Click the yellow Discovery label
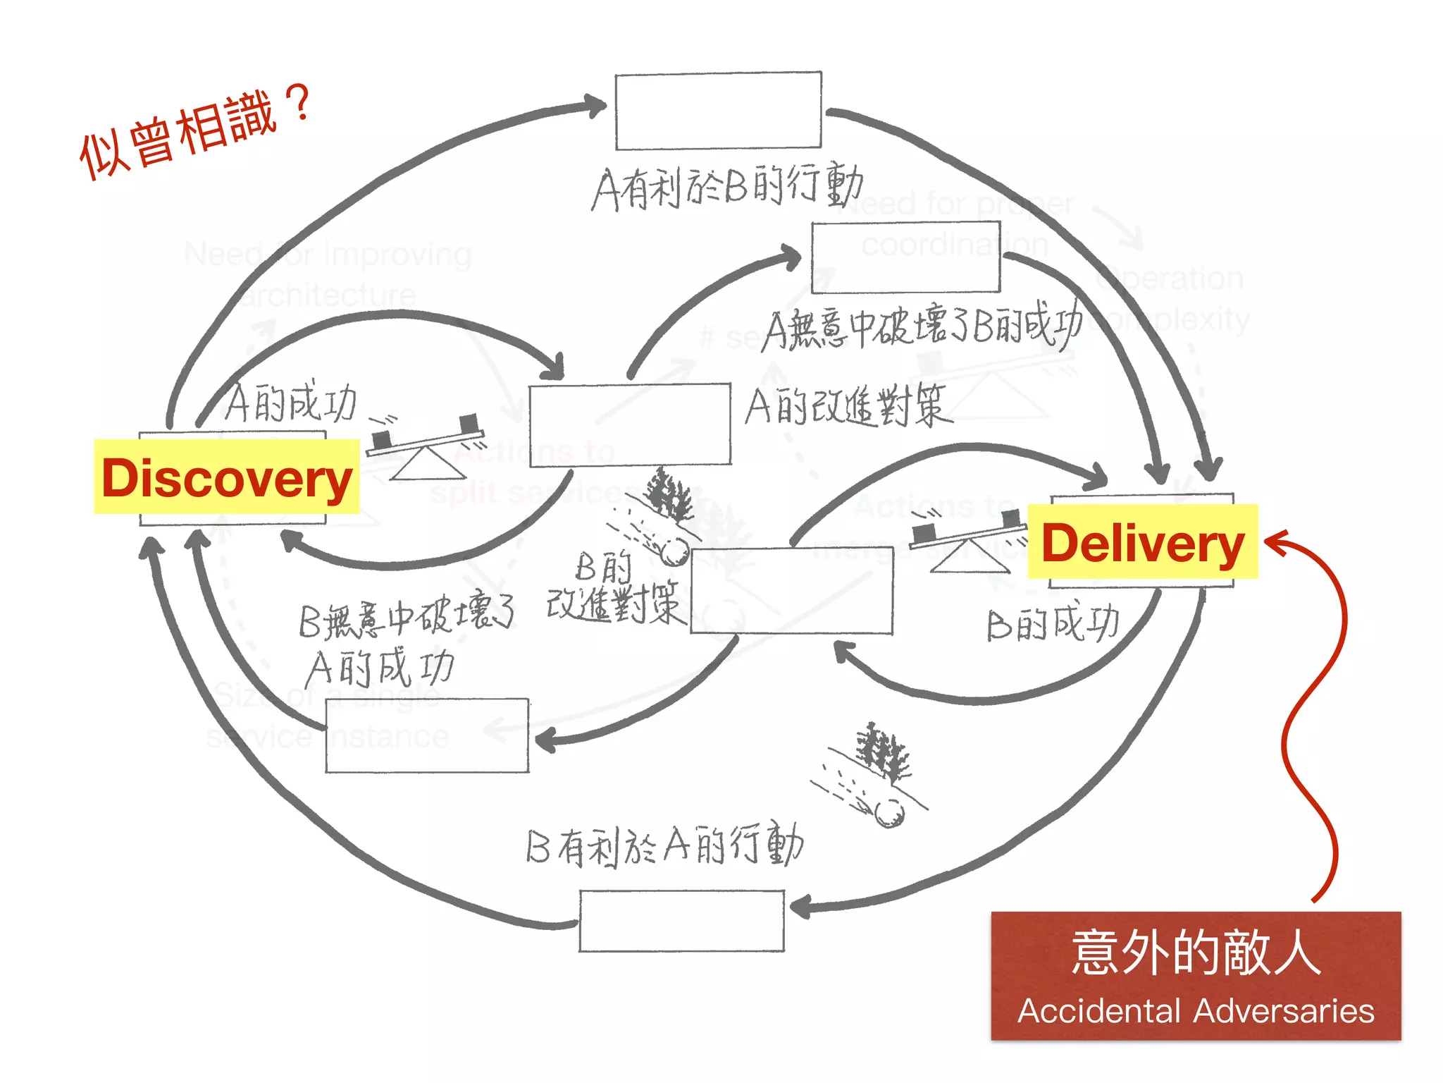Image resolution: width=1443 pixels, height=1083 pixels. (226, 477)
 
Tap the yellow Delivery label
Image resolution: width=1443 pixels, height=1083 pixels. (1142, 542)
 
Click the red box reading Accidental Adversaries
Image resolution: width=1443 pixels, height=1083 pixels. (1196, 975)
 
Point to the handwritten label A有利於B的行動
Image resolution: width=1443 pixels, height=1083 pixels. (727, 186)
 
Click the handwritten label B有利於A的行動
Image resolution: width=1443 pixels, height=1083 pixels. (664, 845)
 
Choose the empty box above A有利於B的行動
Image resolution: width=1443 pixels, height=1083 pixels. (718, 111)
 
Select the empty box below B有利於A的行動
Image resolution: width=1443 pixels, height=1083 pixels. (681, 921)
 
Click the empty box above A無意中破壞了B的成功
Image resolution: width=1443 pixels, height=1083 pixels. (905, 257)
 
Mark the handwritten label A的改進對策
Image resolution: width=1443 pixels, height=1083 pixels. (848, 406)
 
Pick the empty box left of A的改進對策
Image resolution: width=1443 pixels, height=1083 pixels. (630, 424)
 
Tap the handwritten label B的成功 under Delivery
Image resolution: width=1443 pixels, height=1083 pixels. (1053, 624)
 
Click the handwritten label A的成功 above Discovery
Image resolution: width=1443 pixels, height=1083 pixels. (291, 403)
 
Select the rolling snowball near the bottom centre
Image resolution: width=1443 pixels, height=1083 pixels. (888, 812)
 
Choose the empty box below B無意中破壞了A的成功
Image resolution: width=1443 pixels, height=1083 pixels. (427, 735)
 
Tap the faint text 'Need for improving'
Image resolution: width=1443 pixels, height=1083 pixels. (328, 254)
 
